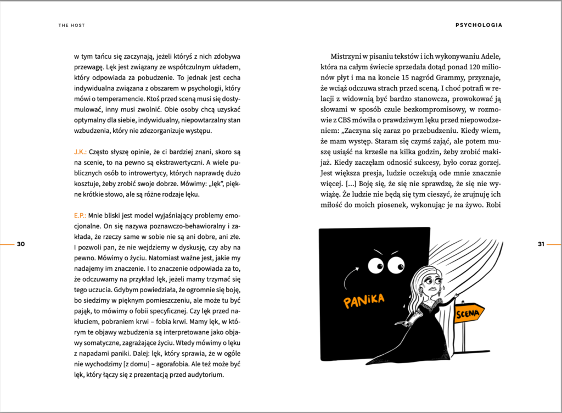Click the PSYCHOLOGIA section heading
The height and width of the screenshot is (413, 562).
point(479,25)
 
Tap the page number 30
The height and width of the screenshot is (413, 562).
point(21,244)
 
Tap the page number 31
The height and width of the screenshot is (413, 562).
point(541,244)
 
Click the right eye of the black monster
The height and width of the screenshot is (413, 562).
point(396,267)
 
